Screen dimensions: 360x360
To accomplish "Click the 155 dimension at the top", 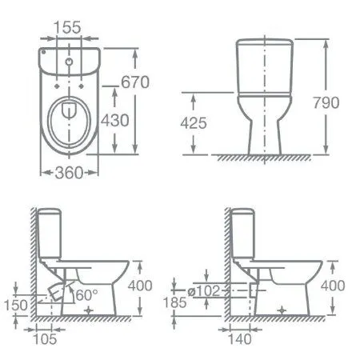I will [x=68, y=27].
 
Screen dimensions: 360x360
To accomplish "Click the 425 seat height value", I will [x=193, y=123].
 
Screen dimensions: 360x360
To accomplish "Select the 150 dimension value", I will [x=14, y=306].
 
